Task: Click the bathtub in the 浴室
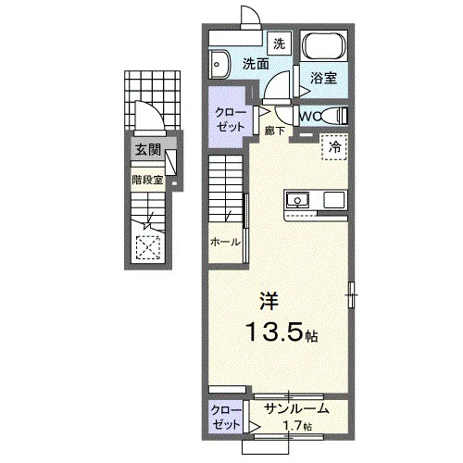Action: coord(324,46)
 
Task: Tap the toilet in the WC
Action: coord(334,116)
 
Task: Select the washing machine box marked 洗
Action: coord(280,44)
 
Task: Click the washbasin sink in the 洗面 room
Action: coord(219,65)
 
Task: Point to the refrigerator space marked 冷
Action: coord(334,147)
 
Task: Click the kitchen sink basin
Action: coord(297,200)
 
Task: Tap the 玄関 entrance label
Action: coord(148,150)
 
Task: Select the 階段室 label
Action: coord(147,180)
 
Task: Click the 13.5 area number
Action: coord(274,332)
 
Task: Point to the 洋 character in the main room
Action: coord(269,301)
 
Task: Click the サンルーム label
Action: coord(296,408)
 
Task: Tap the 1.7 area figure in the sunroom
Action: coord(293,426)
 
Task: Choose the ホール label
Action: coord(225,242)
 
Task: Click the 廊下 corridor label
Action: coord(274,131)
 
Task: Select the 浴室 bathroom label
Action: coord(323,78)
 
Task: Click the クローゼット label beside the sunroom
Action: coord(226,418)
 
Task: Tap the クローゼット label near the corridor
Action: coord(231,119)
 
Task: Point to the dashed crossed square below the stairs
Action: coord(148,247)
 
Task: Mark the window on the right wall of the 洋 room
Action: coord(351,294)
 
